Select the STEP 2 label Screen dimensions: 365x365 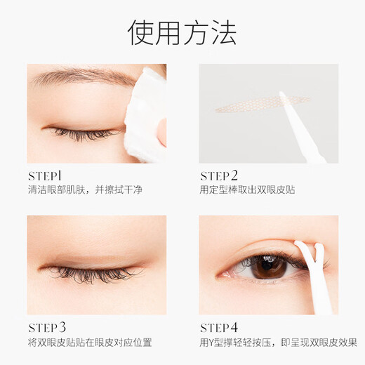click(x=220, y=175)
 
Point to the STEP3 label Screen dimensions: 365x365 click(x=46, y=327)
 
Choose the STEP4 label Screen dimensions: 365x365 click(x=219, y=327)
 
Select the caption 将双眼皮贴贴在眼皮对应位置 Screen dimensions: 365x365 click(x=100, y=343)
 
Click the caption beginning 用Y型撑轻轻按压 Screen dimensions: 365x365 click(x=278, y=343)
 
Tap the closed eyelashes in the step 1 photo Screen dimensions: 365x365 click(x=81, y=132)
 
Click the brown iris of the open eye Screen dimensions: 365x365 click(x=269, y=266)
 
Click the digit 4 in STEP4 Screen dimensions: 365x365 click(x=234, y=327)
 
